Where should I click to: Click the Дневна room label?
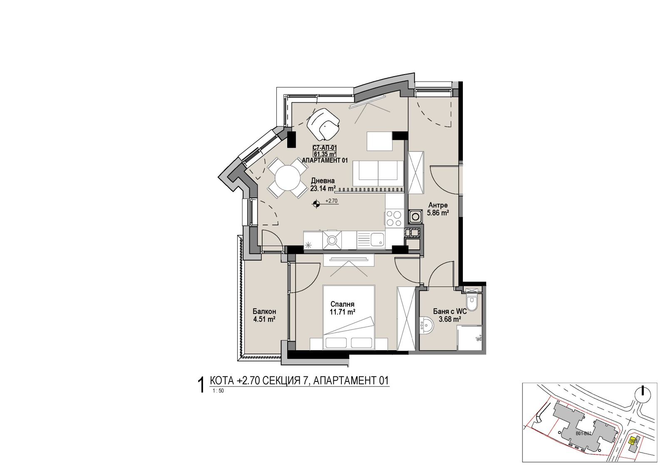[x=323, y=181]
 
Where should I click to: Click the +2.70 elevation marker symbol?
[x=316, y=204]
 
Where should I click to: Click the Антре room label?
[x=438, y=205]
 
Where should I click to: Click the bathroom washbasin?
[x=426, y=325]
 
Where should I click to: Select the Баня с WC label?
[x=450, y=312]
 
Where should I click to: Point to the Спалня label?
[x=343, y=304]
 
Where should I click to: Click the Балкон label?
[x=264, y=312]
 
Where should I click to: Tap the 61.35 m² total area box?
[x=325, y=154]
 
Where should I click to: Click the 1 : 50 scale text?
[x=218, y=391]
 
